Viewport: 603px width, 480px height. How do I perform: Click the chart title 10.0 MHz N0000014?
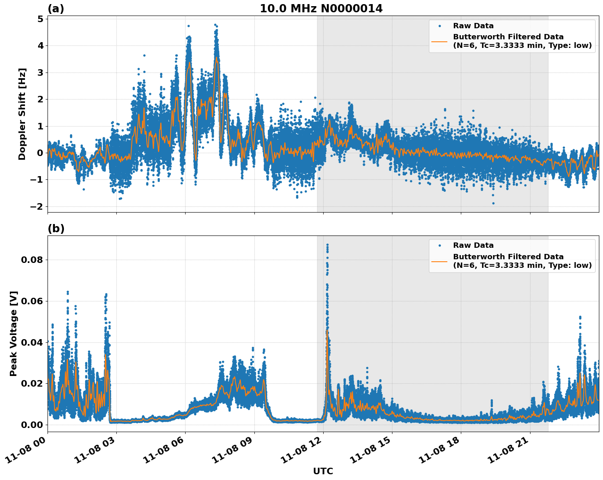tap(321, 9)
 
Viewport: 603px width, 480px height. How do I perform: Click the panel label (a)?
tap(56, 9)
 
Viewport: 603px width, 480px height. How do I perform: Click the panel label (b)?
tap(56, 229)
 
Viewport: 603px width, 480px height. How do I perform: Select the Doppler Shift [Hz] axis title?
tap(22, 114)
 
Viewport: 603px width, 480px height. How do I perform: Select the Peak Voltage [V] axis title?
tap(14, 333)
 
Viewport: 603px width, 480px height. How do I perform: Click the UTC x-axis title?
tap(323, 471)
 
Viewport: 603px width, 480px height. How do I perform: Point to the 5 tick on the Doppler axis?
tap(40, 19)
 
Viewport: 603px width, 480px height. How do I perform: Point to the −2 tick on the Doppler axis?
tap(36, 206)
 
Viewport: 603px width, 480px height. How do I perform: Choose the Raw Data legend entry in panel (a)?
tap(473, 26)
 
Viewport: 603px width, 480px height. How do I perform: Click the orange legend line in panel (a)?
tap(439, 41)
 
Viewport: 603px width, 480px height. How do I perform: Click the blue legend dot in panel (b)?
tap(439, 245)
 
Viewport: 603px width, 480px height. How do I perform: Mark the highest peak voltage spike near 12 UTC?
tap(327, 245)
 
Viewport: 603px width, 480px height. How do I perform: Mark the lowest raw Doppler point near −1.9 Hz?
tap(493, 203)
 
